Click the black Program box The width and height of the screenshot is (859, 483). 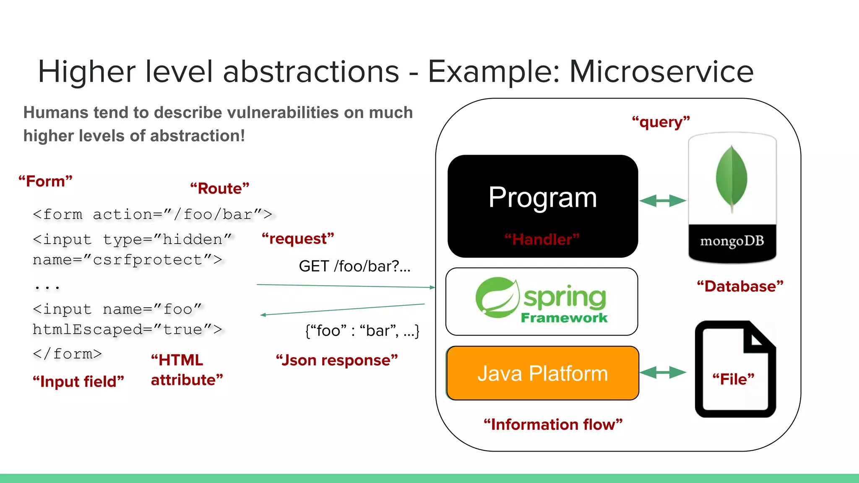point(542,197)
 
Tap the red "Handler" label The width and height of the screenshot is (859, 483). point(542,239)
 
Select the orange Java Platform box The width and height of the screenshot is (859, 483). point(542,373)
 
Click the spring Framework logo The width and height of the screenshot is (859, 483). point(541,301)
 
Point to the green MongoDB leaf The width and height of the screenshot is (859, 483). point(731,178)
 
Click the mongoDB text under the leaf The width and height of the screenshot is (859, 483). point(732,241)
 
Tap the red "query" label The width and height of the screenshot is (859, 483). point(661,122)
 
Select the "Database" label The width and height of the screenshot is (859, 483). point(740,286)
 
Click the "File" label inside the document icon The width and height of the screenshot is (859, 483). point(733,379)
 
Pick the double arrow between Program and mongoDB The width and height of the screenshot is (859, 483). point(662,201)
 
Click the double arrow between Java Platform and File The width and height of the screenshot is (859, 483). point(662,372)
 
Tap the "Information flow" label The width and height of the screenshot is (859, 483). point(553,424)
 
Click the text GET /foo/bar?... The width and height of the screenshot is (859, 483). point(354,266)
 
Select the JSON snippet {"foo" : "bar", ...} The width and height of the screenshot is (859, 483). point(362,331)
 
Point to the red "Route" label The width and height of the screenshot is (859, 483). point(219,188)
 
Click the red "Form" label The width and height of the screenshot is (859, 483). point(45,181)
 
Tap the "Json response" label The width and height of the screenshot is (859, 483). point(336,360)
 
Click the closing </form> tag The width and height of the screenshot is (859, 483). point(67,354)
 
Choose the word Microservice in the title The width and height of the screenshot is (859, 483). point(661,71)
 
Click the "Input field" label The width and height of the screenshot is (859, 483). point(78,382)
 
